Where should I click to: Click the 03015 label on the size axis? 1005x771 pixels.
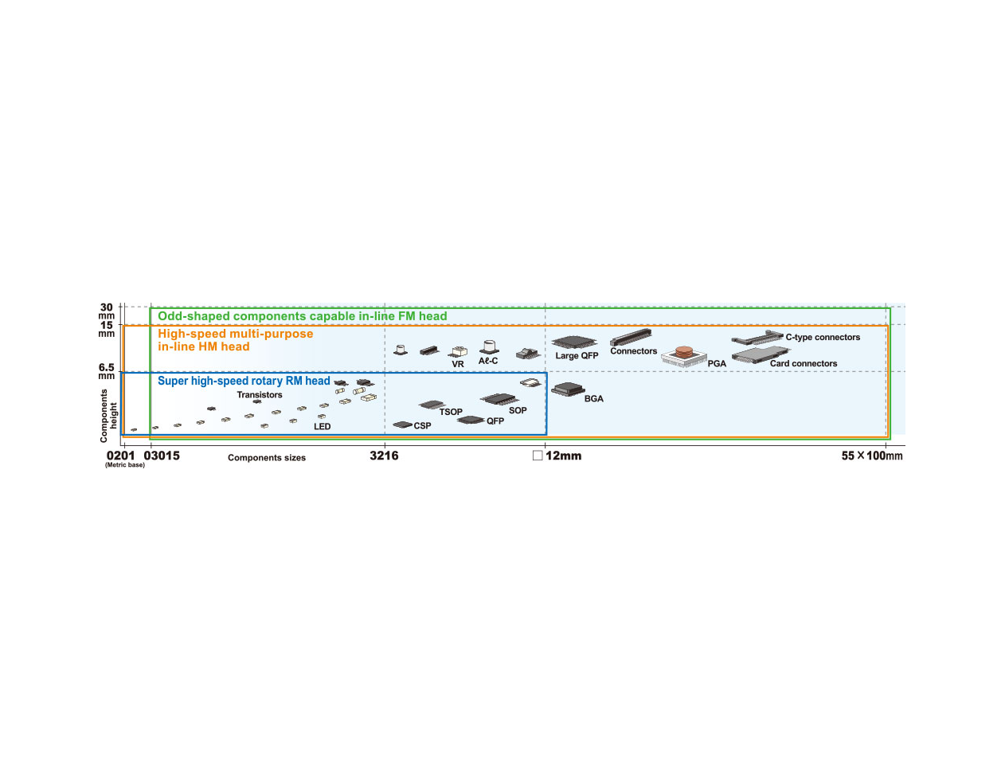click(x=162, y=456)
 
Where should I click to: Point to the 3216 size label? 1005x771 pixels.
click(x=384, y=456)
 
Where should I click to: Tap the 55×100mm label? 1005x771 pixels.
click(x=872, y=456)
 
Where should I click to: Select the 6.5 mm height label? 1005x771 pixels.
click(x=107, y=371)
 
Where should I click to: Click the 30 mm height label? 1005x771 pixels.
click(x=107, y=311)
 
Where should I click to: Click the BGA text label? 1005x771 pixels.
click(x=594, y=399)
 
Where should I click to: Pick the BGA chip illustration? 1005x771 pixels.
click(x=568, y=389)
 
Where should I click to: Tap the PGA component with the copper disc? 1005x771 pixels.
click(x=683, y=357)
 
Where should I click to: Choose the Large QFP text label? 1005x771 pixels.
click(x=577, y=356)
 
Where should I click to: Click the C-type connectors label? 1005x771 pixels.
click(x=823, y=337)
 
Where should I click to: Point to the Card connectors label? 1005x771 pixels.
click(x=804, y=363)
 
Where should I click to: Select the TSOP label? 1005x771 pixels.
click(x=451, y=412)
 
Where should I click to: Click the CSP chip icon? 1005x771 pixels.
click(x=402, y=425)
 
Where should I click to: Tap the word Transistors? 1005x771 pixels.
click(x=260, y=394)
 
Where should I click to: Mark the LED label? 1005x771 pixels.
click(x=322, y=426)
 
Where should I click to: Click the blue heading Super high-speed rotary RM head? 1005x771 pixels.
click(x=244, y=381)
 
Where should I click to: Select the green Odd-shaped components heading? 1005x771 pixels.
click(x=303, y=316)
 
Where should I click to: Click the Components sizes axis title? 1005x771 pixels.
click(x=267, y=457)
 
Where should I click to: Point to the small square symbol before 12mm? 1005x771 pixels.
click(x=538, y=456)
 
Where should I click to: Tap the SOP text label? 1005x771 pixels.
click(x=518, y=410)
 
